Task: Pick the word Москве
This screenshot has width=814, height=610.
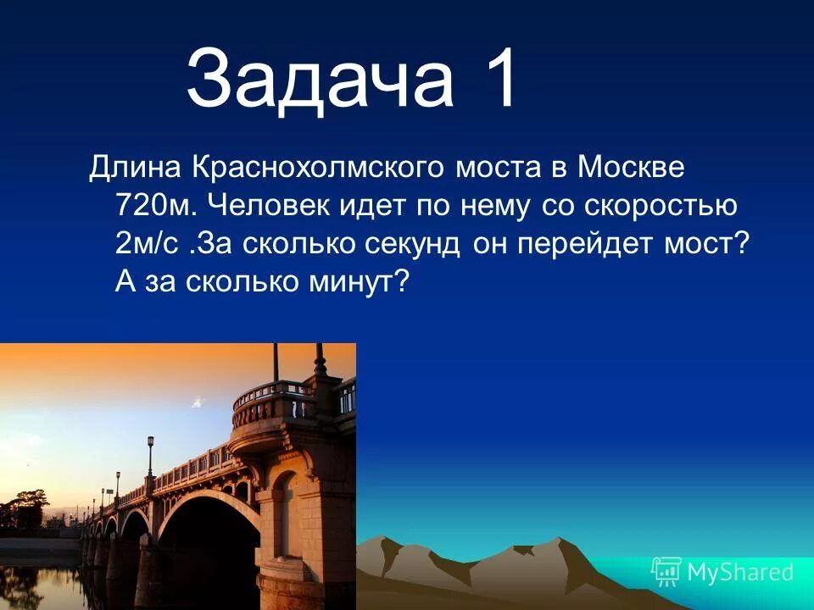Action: (631, 167)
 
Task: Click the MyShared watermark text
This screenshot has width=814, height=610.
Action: (740, 572)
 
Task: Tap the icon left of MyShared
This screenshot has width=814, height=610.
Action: (666, 572)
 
